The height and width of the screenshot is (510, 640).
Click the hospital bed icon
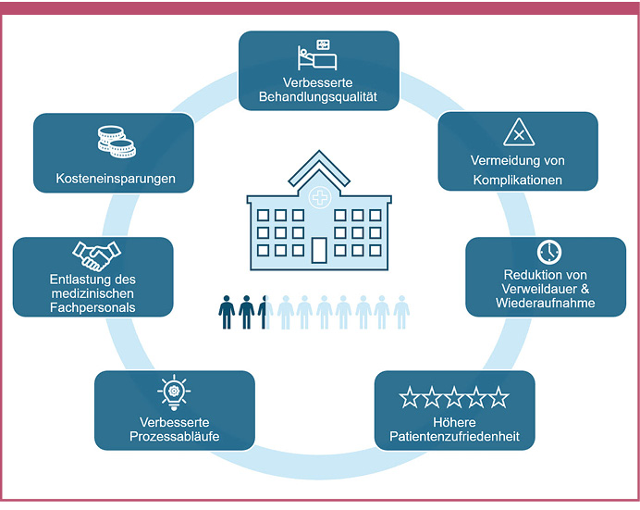[x=314, y=56]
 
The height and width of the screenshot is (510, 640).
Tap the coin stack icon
[x=117, y=142]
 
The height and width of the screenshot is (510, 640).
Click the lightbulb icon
[x=174, y=392]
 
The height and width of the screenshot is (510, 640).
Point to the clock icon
[x=549, y=252]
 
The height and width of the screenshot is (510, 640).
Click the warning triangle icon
[x=519, y=133]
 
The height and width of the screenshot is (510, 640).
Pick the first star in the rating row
[x=410, y=399]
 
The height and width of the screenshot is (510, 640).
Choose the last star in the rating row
[x=498, y=399]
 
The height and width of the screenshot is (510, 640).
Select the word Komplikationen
[x=518, y=180]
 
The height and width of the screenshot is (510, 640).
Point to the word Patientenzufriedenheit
[x=453, y=435]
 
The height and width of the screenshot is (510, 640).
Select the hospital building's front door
[x=319, y=249]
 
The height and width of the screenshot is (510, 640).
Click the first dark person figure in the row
[x=227, y=312]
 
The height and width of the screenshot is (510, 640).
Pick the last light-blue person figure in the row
[x=401, y=312]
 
